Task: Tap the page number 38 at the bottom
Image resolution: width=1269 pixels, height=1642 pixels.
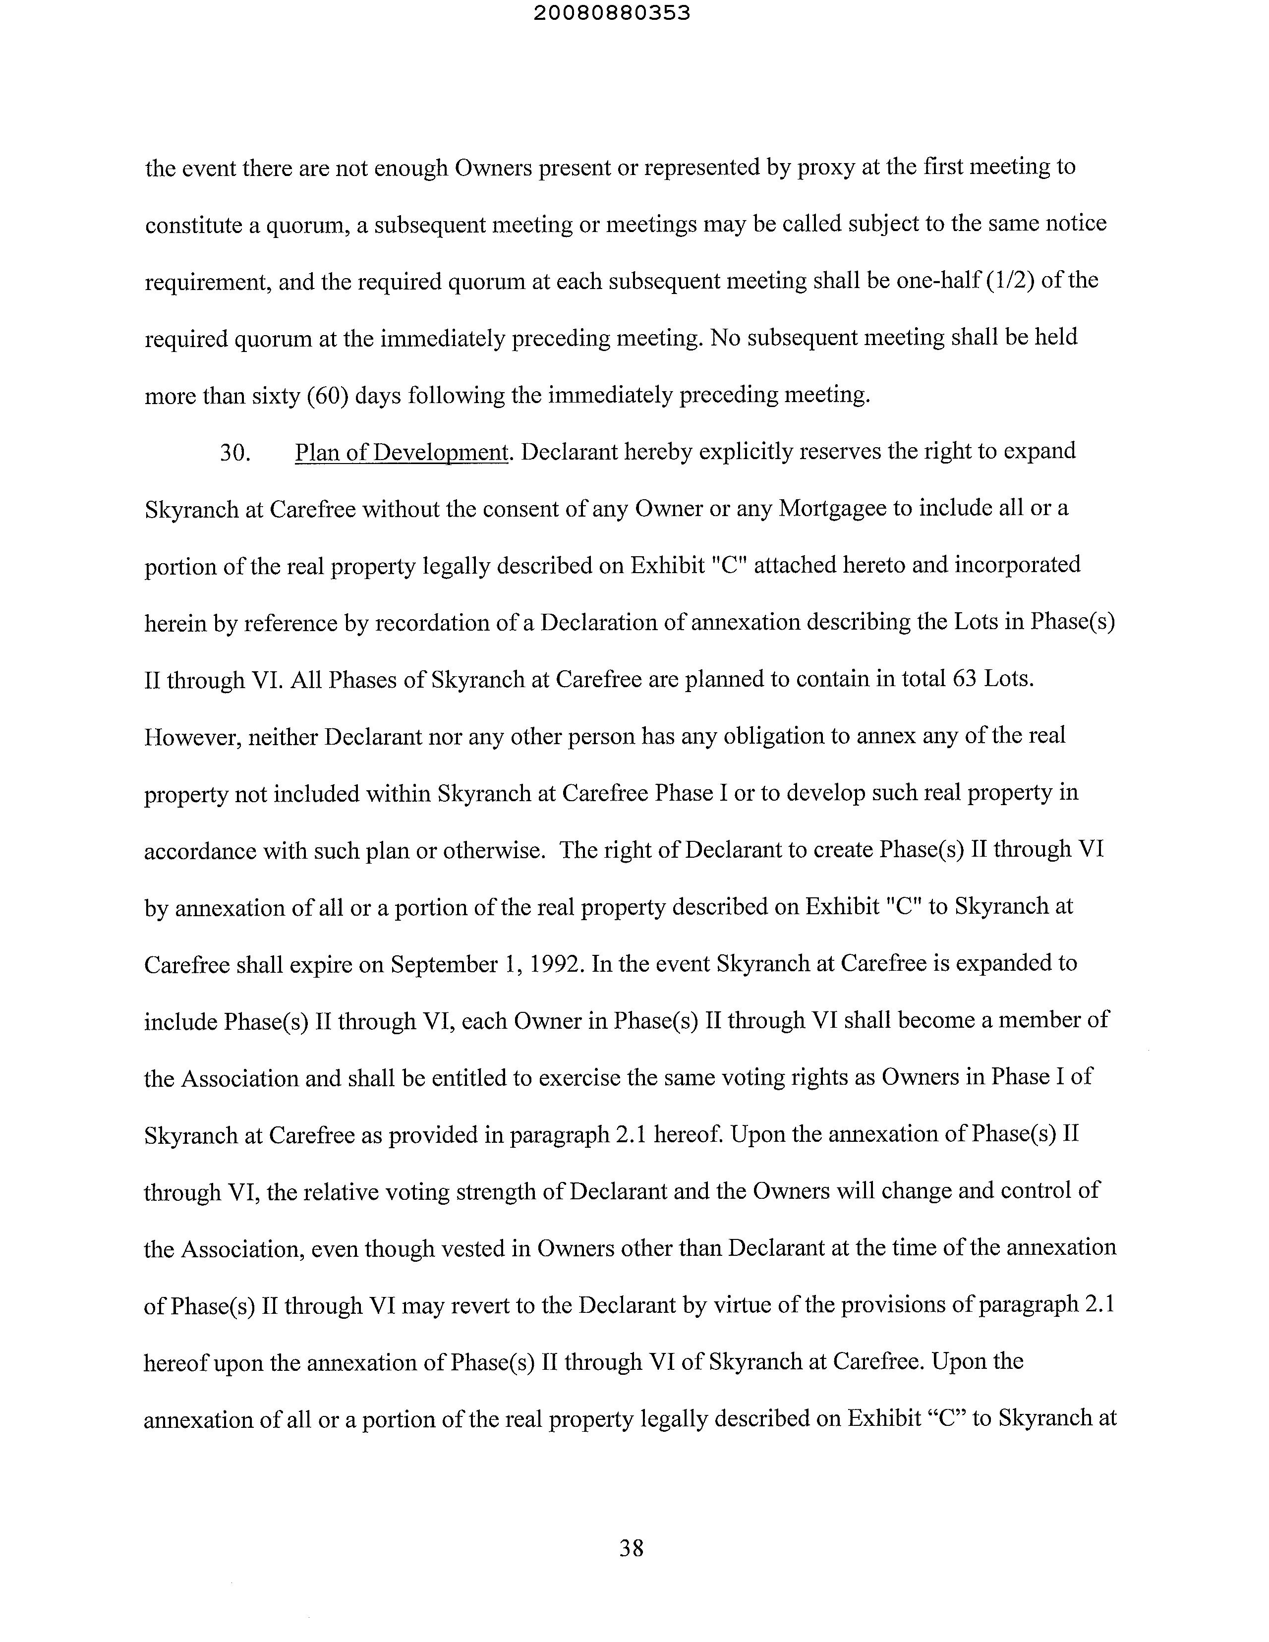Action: tap(632, 1548)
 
